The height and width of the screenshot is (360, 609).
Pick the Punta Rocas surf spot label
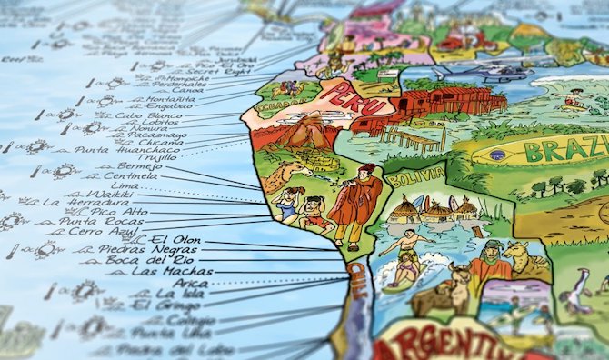tap(90, 221)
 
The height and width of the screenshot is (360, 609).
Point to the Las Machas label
tap(172, 271)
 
